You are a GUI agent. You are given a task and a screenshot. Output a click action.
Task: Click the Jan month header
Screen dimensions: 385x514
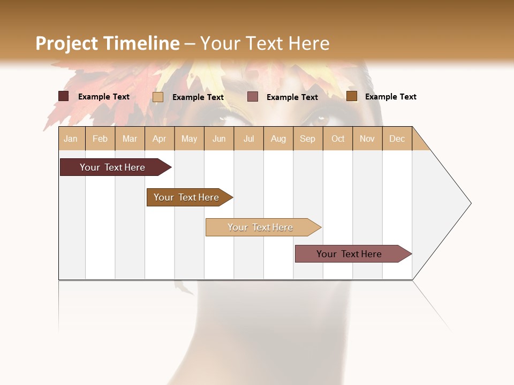[x=71, y=139]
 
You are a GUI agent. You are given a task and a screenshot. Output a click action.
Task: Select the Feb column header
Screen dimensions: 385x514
[x=100, y=139]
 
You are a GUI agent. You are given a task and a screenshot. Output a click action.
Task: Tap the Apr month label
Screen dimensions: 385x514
[x=159, y=139]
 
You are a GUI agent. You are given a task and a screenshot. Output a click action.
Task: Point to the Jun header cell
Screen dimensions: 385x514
[x=219, y=139]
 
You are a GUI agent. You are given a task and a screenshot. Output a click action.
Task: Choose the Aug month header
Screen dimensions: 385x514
[x=278, y=139]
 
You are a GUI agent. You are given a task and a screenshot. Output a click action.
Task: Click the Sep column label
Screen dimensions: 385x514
[x=307, y=139]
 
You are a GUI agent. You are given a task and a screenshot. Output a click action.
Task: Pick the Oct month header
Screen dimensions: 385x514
[x=338, y=139]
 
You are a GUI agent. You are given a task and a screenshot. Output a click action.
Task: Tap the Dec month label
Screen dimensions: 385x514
[x=397, y=139]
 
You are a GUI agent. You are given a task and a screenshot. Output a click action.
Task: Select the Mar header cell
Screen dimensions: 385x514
[x=130, y=139]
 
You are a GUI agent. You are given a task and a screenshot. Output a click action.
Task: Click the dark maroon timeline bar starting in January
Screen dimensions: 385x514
[x=112, y=167]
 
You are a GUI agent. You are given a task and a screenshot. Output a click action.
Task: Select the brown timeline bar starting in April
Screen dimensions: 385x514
[x=186, y=197]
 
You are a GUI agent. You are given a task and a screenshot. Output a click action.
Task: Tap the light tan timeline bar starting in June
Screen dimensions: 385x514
[x=260, y=227]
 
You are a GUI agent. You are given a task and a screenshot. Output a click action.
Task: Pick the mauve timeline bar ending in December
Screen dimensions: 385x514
[x=349, y=254]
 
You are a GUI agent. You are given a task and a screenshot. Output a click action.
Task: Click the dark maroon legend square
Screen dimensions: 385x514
[x=64, y=96]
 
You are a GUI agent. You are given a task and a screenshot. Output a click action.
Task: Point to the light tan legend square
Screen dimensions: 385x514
[x=158, y=97]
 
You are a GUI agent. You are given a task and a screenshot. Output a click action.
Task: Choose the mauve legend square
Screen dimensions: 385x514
[x=253, y=97]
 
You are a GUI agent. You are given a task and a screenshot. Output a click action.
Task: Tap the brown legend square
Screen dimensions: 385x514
[x=352, y=96]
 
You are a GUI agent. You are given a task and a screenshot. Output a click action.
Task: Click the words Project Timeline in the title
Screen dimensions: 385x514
[x=108, y=43]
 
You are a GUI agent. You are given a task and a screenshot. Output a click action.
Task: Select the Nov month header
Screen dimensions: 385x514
[x=367, y=139]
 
